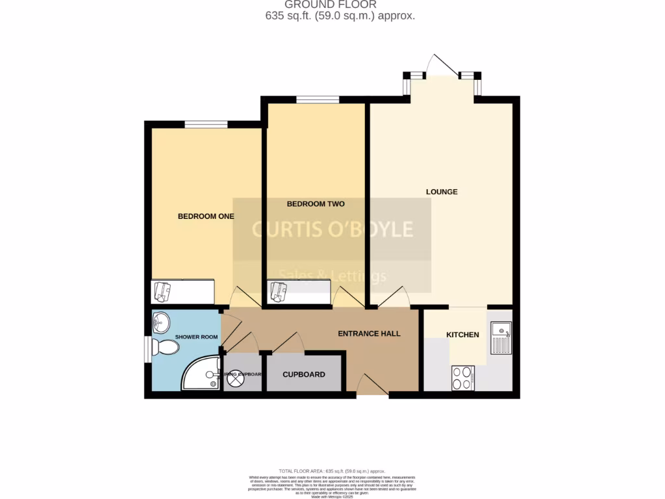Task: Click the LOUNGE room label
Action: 442,192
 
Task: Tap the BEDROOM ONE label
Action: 206,216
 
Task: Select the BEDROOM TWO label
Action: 316,204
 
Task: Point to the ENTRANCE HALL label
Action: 369,333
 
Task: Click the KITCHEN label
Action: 462,335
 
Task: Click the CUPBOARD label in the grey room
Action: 304,374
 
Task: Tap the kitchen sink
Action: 501,339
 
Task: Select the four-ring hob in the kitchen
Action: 463,377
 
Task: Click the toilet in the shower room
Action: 165,348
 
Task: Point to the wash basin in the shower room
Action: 160,322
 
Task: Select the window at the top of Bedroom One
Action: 206,125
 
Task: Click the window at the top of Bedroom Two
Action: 318,99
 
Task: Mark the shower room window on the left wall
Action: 147,348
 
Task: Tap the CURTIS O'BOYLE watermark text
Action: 332,229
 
